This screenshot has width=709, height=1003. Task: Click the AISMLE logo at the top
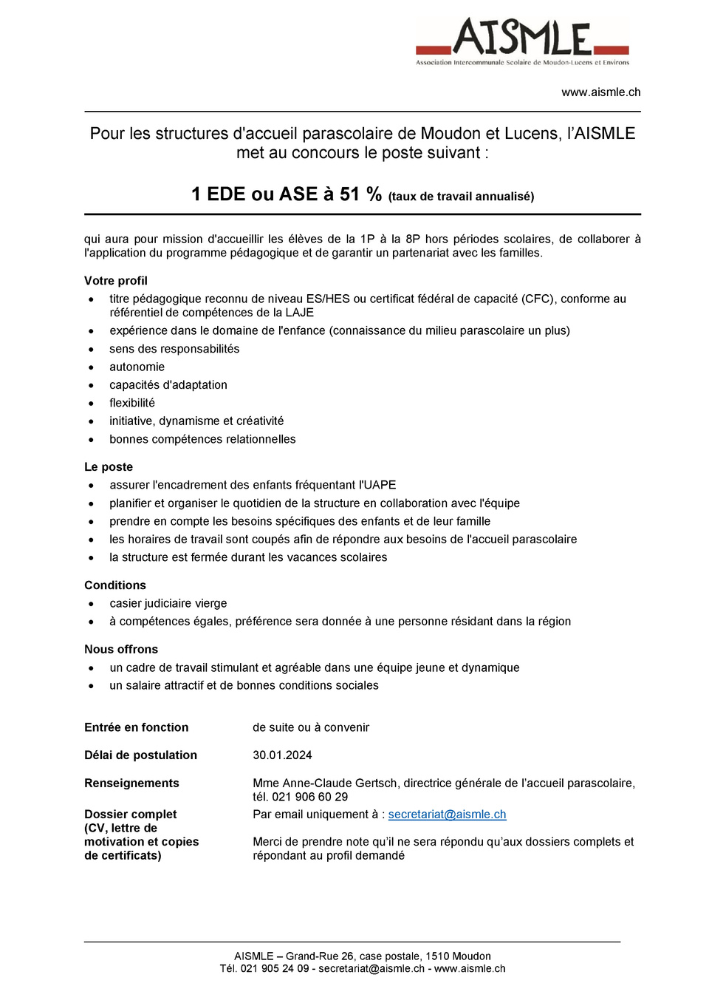click(x=522, y=41)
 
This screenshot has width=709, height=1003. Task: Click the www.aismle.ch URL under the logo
click(x=600, y=92)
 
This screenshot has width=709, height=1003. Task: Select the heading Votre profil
click(x=116, y=281)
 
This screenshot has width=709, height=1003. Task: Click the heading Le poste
click(x=109, y=467)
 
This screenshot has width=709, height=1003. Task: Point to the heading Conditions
click(x=115, y=585)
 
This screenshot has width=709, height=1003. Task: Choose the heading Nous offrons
click(x=121, y=650)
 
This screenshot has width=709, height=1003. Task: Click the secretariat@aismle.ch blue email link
click(x=447, y=815)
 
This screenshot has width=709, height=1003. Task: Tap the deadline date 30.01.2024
click(x=282, y=755)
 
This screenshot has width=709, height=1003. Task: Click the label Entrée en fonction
click(x=137, y=727)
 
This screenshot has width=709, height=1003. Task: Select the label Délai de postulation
click(x=141, y=755)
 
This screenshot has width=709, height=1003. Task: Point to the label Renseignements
click(x=131, y=783)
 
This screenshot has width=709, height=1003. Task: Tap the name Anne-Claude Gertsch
click(x=340, y=783)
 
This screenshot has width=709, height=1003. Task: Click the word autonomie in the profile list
click(x=137, y=367)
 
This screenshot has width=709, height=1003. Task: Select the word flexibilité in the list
click(x=132, y=404)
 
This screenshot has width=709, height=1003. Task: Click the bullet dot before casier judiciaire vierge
click(x=91, y=605)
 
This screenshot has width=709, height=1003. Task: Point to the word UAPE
click(x=380, y=486)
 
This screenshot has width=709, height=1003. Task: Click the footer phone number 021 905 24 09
click(x=275, y=969)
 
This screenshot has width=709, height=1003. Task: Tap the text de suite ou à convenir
click(x=311, y=727)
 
